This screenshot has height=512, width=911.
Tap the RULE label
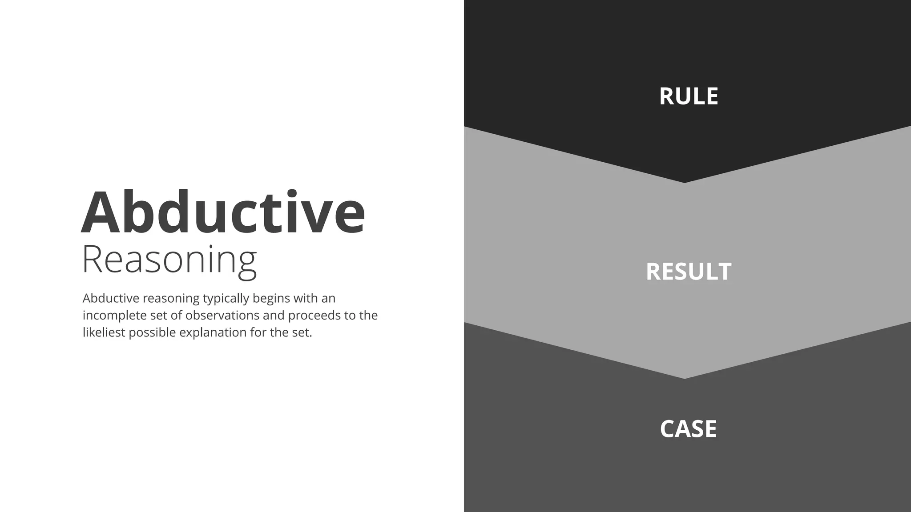click(688, 96)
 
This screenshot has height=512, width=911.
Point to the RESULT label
click(688, 272)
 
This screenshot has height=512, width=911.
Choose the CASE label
click(688, 429)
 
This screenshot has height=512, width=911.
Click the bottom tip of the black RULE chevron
click(685, 182)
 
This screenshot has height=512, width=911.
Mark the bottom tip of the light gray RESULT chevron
click(685, 378)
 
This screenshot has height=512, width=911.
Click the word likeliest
click(104, 332)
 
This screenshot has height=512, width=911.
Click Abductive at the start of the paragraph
click(111, 298)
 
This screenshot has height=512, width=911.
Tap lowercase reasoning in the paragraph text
click(171, 299)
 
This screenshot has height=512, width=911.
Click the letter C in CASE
click(668, 429)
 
